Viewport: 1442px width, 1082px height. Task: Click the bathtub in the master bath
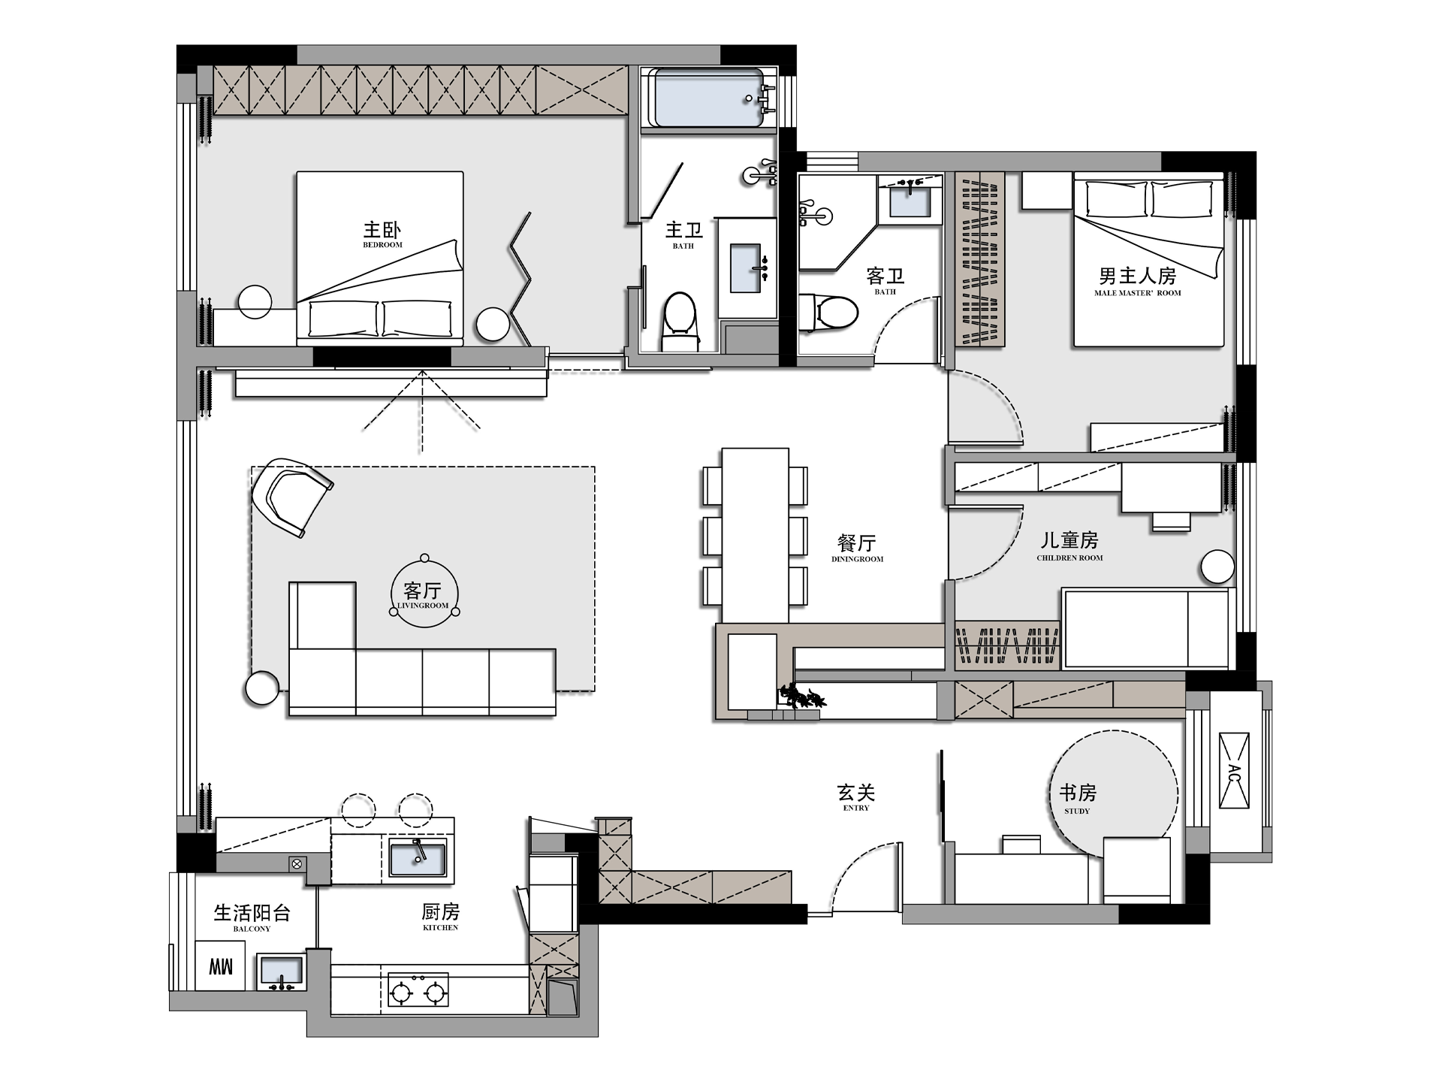708,98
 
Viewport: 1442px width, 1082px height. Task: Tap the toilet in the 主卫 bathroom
680,322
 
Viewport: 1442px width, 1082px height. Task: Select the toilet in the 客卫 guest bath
828,312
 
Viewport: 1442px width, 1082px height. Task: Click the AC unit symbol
1233,770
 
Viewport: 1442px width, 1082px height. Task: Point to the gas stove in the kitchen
418,990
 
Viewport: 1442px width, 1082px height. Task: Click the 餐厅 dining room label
857,547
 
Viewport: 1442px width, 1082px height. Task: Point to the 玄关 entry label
856,796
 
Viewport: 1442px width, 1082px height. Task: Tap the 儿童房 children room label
1069,546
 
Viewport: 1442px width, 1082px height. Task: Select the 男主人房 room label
1137,281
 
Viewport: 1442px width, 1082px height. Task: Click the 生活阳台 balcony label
252,917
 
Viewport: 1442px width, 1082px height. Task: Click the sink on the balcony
281,972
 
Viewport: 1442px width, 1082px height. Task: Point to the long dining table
755,536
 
